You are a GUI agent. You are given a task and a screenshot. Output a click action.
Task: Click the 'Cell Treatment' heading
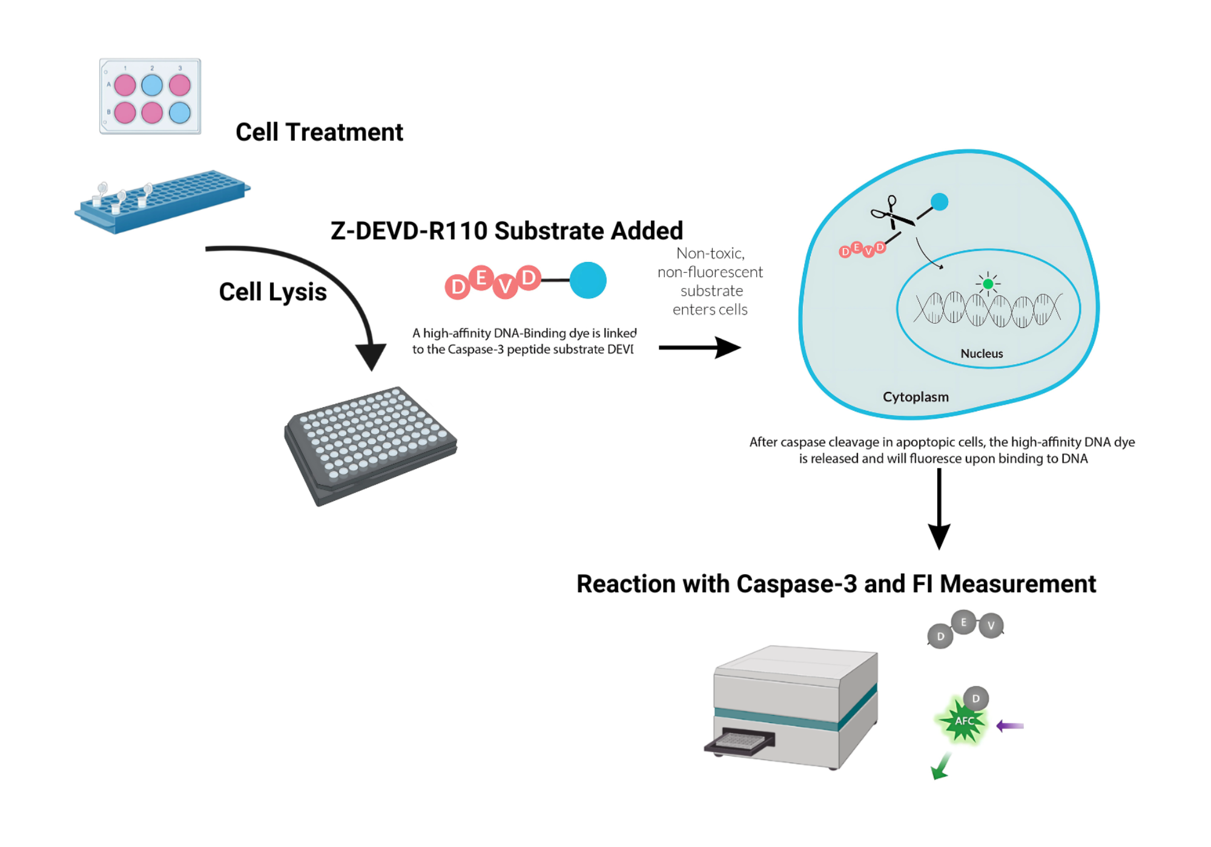click(319, 132)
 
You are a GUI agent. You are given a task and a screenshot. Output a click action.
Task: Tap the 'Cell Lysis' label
click(272, 292)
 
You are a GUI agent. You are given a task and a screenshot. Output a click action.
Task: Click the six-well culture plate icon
click(150, 96)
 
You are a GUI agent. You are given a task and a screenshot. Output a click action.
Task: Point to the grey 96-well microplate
click(371, 445)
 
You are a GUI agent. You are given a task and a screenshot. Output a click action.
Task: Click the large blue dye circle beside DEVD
click(587, 280)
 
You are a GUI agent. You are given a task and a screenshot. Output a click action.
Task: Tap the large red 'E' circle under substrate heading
click(481, 278)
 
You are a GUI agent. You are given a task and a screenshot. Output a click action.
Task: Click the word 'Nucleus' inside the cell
click(982, 353)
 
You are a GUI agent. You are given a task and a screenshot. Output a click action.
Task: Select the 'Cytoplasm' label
click(916, 397)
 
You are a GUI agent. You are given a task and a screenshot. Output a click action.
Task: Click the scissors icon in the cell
click(891, 213)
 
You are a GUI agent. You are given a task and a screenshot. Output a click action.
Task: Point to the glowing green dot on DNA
click(988, 284)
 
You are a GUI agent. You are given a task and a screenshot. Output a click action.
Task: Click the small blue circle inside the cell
click(939, 202)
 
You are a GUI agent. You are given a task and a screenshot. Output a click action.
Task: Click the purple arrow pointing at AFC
click(1010, 725)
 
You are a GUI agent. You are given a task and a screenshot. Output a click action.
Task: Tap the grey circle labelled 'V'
click(991, 626)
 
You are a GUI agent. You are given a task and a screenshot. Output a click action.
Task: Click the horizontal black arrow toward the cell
click(699, 347)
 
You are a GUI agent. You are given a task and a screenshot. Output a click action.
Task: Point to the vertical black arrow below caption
click(939, 508)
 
